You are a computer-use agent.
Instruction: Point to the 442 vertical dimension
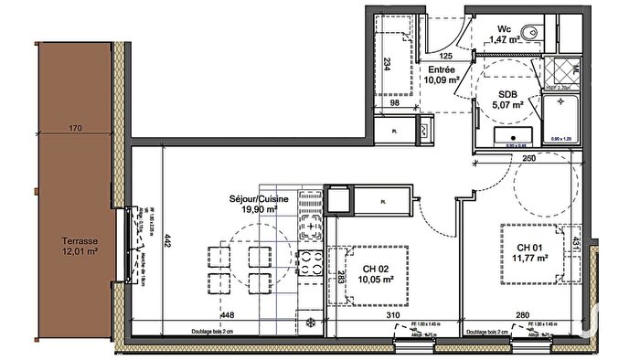[x=167, y=240]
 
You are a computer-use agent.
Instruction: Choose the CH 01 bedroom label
[x=532, y=249]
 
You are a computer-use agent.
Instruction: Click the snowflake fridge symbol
[x=311, y=322]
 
